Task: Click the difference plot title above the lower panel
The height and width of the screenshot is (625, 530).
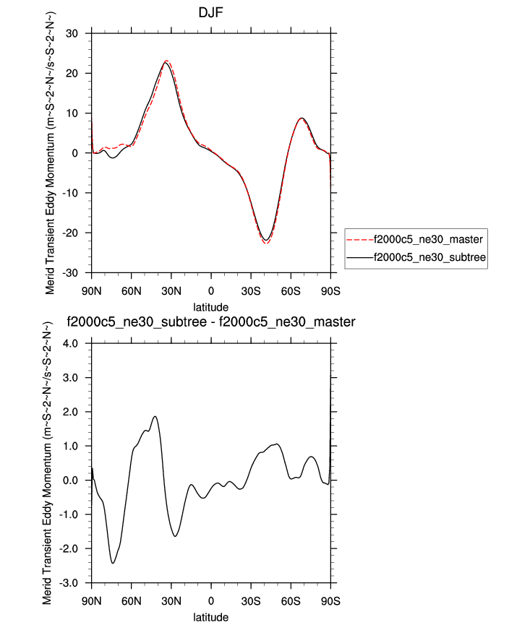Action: pyautogui.click(x=210, y=322)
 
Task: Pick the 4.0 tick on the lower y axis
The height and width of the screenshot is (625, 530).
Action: pyautogui.click(x=74, y=344)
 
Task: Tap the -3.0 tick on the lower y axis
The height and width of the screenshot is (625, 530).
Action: pyautogui.click(x=73, y=582)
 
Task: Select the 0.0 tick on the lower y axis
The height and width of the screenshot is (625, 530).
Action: pyautogui.click(x=74, y=480)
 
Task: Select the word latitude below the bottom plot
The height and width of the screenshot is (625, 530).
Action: pyautogui.click(x=210, y=618)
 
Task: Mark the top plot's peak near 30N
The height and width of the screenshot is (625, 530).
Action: pyautogui.click(x=166, y=62)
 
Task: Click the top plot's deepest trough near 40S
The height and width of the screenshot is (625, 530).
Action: pyautogui.click(x=266, y=241)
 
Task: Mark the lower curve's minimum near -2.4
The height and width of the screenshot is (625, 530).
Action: pyautogui.click(x=113, y=563)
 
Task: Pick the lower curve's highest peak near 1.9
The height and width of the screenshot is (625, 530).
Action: pyautogui.click(x=155, y=416)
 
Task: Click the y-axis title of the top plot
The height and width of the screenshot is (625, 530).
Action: pyautogui.click(x=51, y=152)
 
